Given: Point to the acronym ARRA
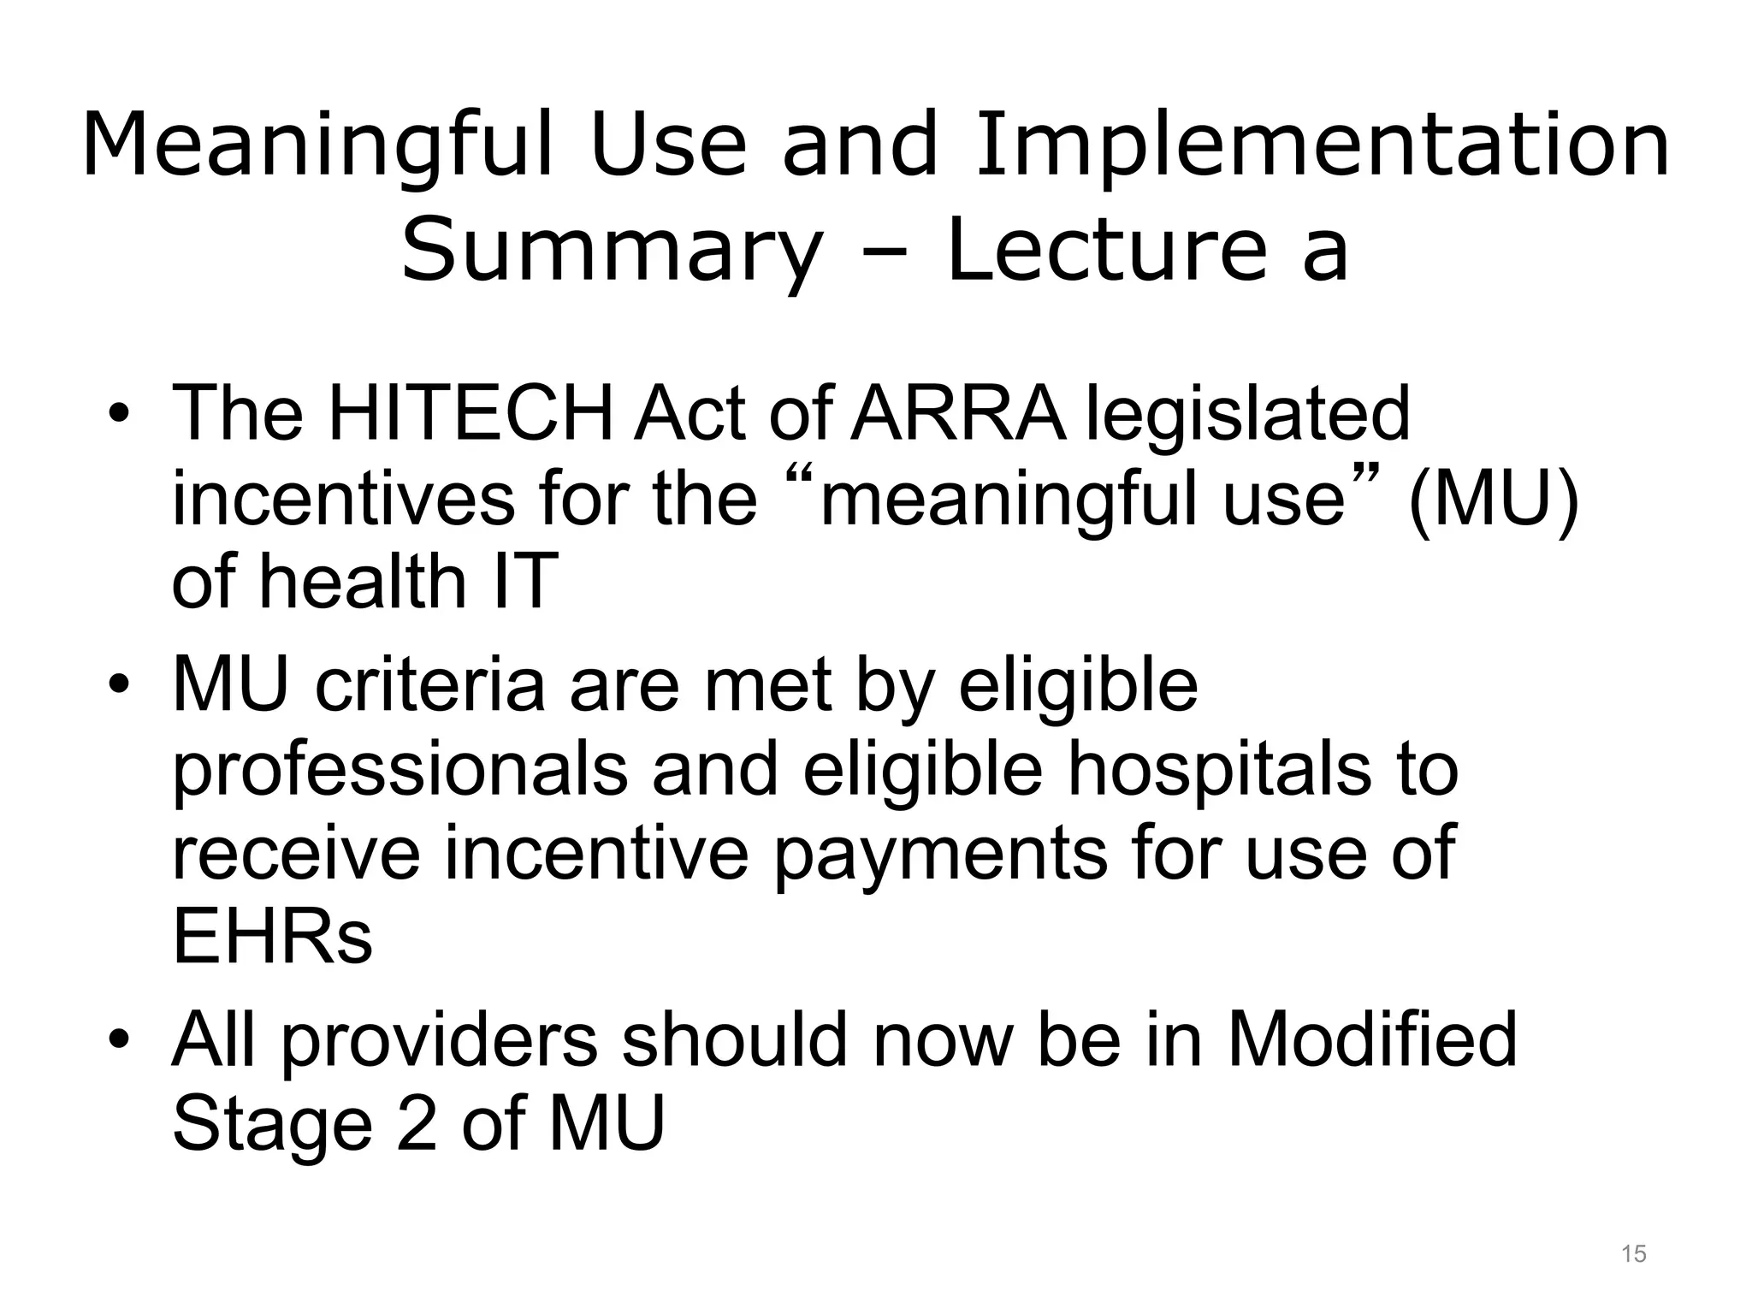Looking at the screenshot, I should (959, 414).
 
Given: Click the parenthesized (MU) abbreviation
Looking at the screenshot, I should (1493, 500).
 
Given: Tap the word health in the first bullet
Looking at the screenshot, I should (363, 582).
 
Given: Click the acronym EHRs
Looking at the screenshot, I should (272, 936).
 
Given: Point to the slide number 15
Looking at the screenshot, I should (1633, 1255).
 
